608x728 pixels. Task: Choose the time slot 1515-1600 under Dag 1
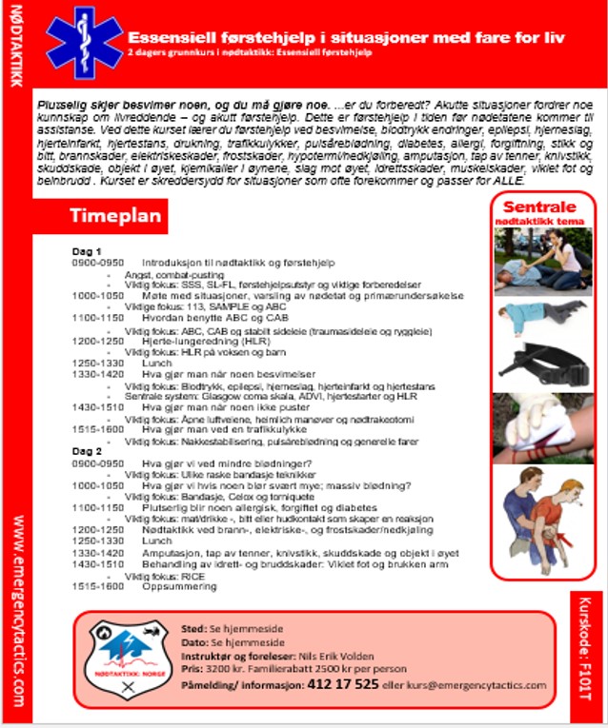click(97, 430)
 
